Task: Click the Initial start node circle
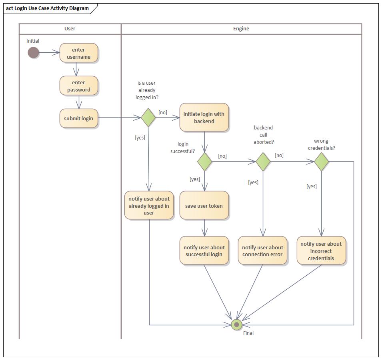[x=33, y=52]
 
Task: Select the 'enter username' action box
[x=78, y=53]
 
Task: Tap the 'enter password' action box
[x=78, y=86]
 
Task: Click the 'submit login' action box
[x=78, y=118]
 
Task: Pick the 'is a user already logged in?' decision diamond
[x=148, y=117]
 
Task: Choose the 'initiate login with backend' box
[x=204, y=117]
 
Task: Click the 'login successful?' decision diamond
[x=205, y=161]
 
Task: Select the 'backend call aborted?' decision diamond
[x=263, y=161]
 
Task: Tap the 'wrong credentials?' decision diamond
[x=322, y=161]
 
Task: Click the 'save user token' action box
[x=204, y=206]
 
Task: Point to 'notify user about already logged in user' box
[x=149, y=206]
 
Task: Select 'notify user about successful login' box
[x=204, y=251]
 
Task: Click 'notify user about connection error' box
[x=262, y=251]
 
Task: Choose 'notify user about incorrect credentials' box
[x=321, y=251]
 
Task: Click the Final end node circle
[x=236, y=324]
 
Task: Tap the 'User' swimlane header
[x=70, y=29]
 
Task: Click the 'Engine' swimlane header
[x=241, y=29]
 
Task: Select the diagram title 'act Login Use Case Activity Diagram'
[x=47, y=8]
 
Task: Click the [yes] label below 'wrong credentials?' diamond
[x=312, y=186]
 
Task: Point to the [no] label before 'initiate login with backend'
[x=163, y=113]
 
